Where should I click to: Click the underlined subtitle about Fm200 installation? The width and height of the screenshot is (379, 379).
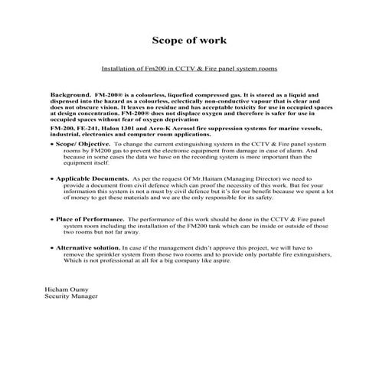pos(188,67)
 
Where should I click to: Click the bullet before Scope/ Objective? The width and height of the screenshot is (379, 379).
pos(52,144)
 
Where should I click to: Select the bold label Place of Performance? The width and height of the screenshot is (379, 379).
pos(88,220)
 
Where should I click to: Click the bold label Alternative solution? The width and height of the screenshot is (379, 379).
pos(88,248)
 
